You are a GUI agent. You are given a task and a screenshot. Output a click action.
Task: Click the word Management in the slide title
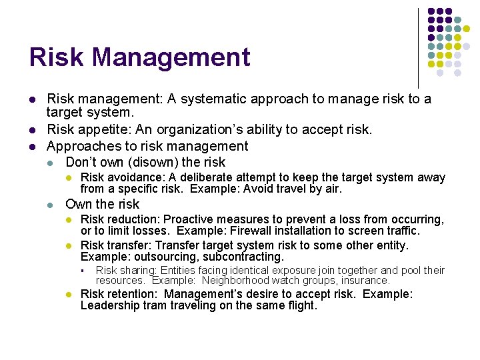172,57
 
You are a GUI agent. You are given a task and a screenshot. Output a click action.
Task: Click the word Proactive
188,219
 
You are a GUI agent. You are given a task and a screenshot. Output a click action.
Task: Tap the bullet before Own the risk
51,205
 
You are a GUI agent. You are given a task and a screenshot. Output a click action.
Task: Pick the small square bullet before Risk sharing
80,271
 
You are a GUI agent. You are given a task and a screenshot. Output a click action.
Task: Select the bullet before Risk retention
69,295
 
